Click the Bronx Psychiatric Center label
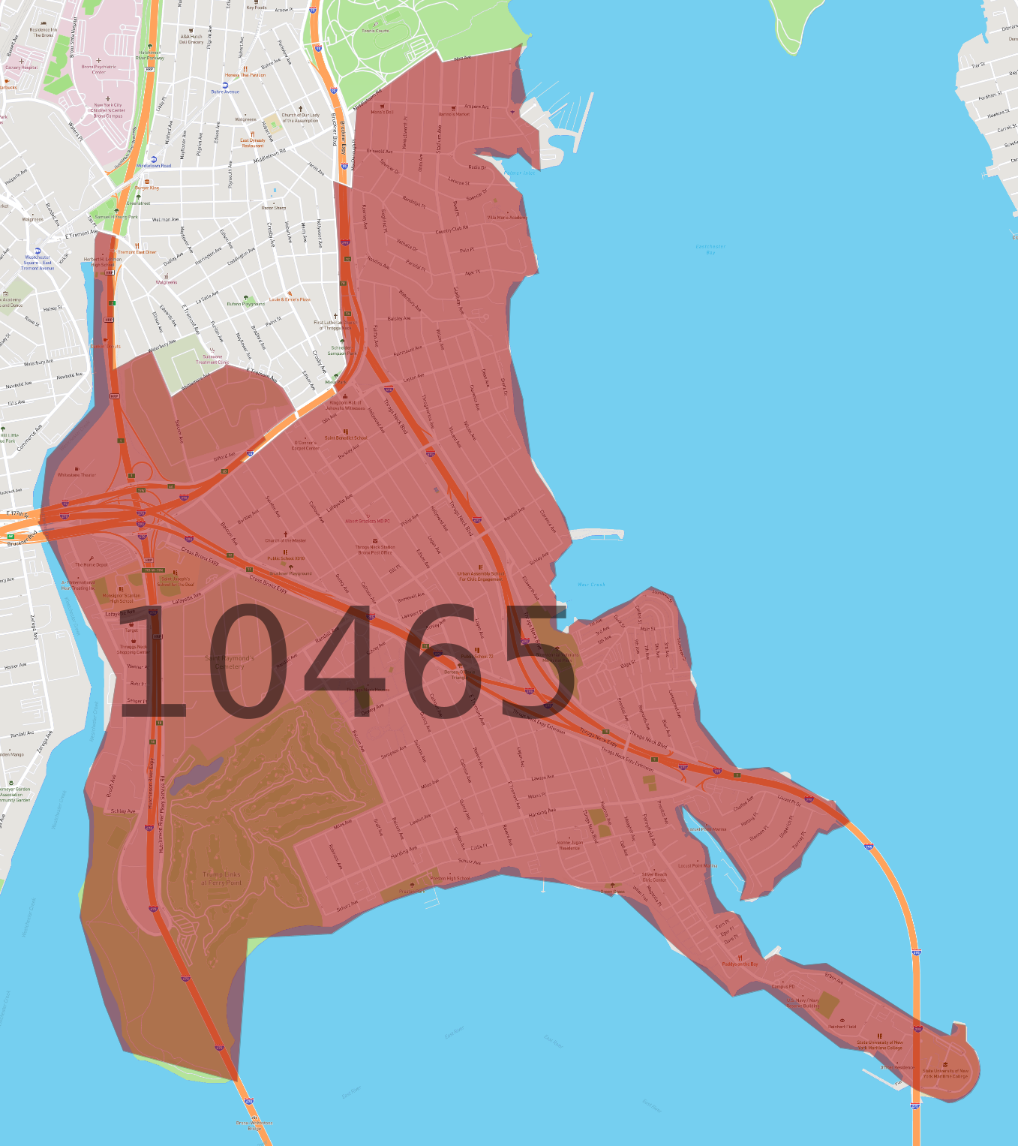(x=99, y=69)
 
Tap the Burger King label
(x=147, y=188)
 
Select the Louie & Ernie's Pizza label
(x=290, y=299)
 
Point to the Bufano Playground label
(x=245, y=304)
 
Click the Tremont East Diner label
(x=137, y=252)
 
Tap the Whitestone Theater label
(x=77, y=474)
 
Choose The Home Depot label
(x=92, y=564)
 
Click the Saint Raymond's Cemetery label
(x=230, y=662)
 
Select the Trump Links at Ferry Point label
(x=222, y=878)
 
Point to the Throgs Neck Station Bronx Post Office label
(x=375, y=549)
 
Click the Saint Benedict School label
(x=346, y=438)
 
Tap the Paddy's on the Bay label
(x=740, y=964)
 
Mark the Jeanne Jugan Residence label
(x=569, y=845)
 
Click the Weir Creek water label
(x=591, y=585)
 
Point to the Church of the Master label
(x=285, y=540)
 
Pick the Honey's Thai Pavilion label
(x=245, y=75)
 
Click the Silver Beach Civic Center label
(x=654, y=877)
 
